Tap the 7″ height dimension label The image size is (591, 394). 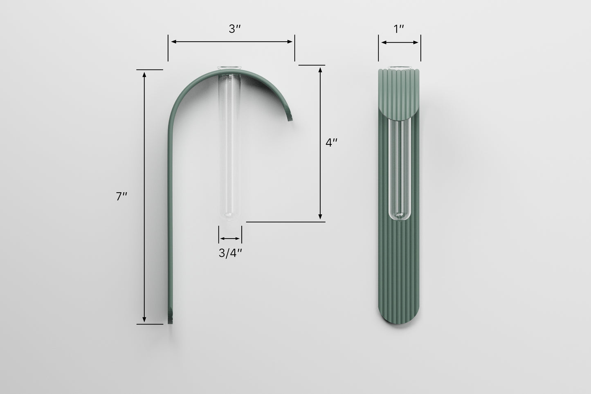(x=121, y=196)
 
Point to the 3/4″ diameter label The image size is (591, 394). (x=231, y=253)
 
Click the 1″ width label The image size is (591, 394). (x=399, y=29)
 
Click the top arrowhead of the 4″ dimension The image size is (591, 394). (x=321, y=69)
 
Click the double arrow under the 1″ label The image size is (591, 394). (x=400, y=42)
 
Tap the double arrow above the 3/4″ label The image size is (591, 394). (x=230, y=238)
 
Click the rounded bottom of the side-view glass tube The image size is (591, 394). (x=230, y=219)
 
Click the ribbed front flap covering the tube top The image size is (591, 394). (x=399, y=94)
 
